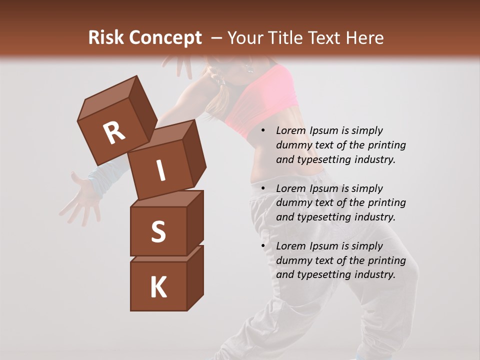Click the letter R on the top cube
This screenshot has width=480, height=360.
[x=114, y=132]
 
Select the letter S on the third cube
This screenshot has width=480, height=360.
[x=158, y=231]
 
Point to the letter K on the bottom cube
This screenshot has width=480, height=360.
[x=158, y=287]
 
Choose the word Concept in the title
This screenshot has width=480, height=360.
[x=165, y=38]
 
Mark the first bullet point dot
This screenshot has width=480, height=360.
[x=263, y=130]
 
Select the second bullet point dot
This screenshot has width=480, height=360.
[x=263, y=188]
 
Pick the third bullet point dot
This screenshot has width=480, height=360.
[x=263, y=246]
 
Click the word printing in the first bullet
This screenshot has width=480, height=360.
[x=386, y=145]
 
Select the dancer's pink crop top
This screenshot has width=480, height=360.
[x=260, y=100]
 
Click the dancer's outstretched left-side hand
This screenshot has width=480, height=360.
[x=80, y=197]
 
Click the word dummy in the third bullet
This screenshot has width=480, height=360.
[x=293, y=260]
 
